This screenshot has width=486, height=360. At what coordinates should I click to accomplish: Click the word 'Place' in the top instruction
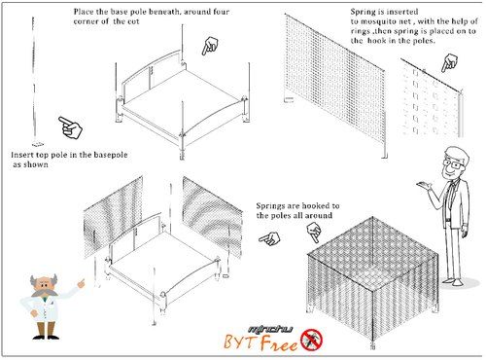click(x=83, y=12)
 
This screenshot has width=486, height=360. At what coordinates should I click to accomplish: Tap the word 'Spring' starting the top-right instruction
click(x=362, y=12)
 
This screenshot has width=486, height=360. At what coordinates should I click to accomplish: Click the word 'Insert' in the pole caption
click(x=21, y=155)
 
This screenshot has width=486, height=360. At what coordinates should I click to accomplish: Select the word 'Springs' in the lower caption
click(x=269, y=206)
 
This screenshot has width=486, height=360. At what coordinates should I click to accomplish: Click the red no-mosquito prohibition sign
click(x=312, y=340)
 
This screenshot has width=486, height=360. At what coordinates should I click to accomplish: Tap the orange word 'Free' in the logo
click(x=279, y=343)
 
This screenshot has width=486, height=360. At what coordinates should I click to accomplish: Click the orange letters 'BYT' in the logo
click(x=241, y=342)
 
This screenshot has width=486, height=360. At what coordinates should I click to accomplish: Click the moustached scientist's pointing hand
click(x=81, y=283)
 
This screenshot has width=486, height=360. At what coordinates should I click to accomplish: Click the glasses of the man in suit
click(x=453, y=163)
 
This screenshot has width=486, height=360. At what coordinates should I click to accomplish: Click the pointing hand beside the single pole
click(x=70, y=127)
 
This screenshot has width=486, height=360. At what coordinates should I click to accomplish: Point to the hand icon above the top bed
click(x=210, y=46)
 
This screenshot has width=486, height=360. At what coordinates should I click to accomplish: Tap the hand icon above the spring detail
click(x=449, y=62)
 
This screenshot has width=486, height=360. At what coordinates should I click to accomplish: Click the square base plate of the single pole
click(x=38, y=144)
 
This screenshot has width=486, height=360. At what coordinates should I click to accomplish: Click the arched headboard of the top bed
click(x=151, y=66)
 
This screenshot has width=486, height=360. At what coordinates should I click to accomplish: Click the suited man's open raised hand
click(x=425, y=185)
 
